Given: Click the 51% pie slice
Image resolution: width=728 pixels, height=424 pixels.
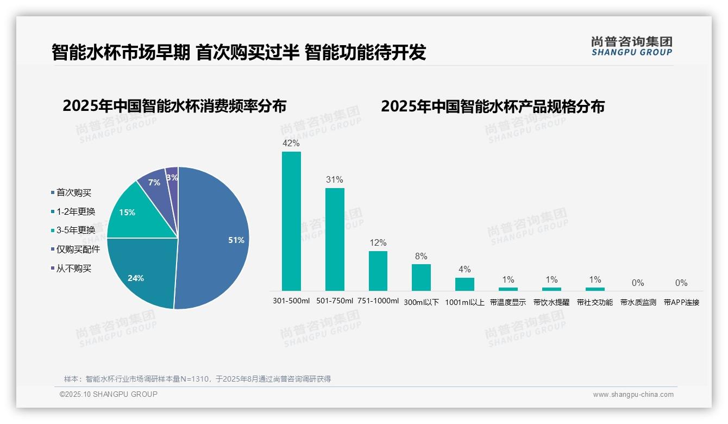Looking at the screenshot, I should pos(217,239).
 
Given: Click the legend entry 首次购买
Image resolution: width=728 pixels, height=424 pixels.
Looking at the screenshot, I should pos(74,192).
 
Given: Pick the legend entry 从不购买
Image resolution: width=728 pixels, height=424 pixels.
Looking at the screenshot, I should pos(74,268).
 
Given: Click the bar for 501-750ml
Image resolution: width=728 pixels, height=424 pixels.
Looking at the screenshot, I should pos(335,239).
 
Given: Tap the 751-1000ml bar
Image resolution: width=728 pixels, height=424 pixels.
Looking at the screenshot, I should pos(378,271).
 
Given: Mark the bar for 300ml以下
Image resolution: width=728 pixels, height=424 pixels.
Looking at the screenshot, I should pos(421,277).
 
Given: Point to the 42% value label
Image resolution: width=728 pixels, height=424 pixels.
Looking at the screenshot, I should pos(291,143).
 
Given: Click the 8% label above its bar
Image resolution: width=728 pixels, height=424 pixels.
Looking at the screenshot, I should pos(421,256).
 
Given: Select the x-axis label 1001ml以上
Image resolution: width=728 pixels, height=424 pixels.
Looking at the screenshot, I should pos(465,302).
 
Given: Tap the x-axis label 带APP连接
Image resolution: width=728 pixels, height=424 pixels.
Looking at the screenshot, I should pos(681,302).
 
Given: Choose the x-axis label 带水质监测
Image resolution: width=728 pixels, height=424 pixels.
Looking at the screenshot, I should pos(638,302).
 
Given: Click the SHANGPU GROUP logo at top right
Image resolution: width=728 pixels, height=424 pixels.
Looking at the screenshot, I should pos(632,46).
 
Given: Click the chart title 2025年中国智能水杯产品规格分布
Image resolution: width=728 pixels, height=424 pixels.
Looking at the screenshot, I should pos(492,106).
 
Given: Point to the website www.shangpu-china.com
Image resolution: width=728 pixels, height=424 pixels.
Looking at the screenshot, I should pos(633,394).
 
